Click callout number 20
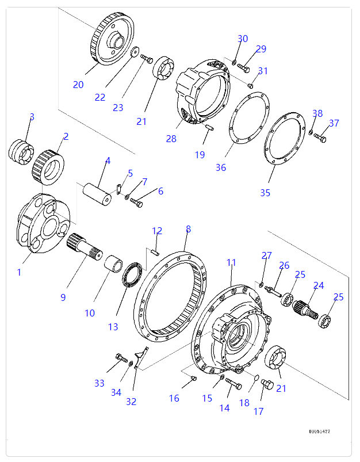78,85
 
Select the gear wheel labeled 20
112,40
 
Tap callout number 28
171,139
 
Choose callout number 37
334,123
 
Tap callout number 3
32,117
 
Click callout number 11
231,262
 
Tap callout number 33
100,383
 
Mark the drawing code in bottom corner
319,431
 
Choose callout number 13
113,326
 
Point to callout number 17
259,411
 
